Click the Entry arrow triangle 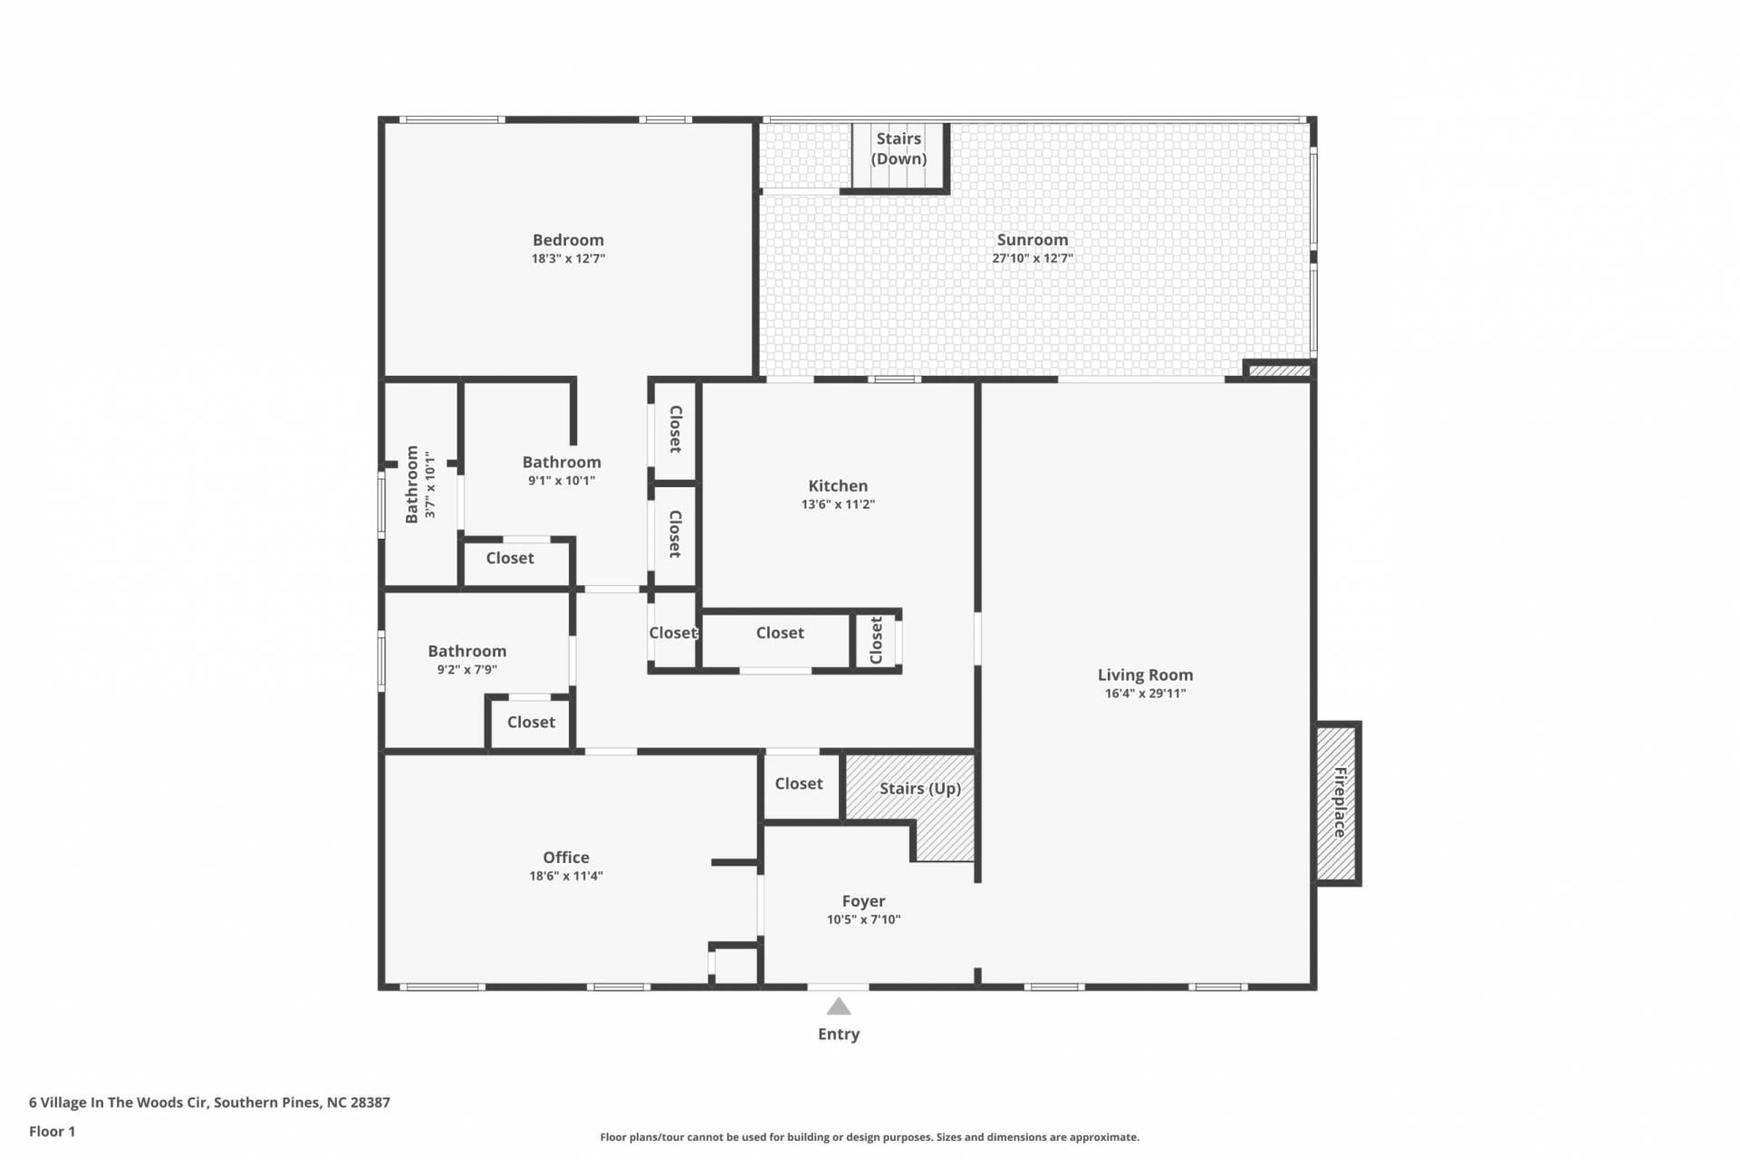839,1006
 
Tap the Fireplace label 1340,802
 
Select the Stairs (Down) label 899,149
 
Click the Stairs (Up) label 920,789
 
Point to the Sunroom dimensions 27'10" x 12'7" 1033,258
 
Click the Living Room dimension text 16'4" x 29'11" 1145,694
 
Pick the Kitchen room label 838,486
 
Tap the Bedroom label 568,240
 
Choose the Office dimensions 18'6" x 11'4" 566,876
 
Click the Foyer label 863,902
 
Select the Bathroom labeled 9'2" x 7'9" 467,651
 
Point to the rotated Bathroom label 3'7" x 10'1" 412,484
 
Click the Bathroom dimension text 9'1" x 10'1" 562,481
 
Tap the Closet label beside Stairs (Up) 799,783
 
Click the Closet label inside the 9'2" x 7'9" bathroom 531,722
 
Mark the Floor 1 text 53,1131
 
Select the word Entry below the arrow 839,1034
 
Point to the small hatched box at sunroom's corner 1279,370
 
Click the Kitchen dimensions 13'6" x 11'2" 838,504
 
